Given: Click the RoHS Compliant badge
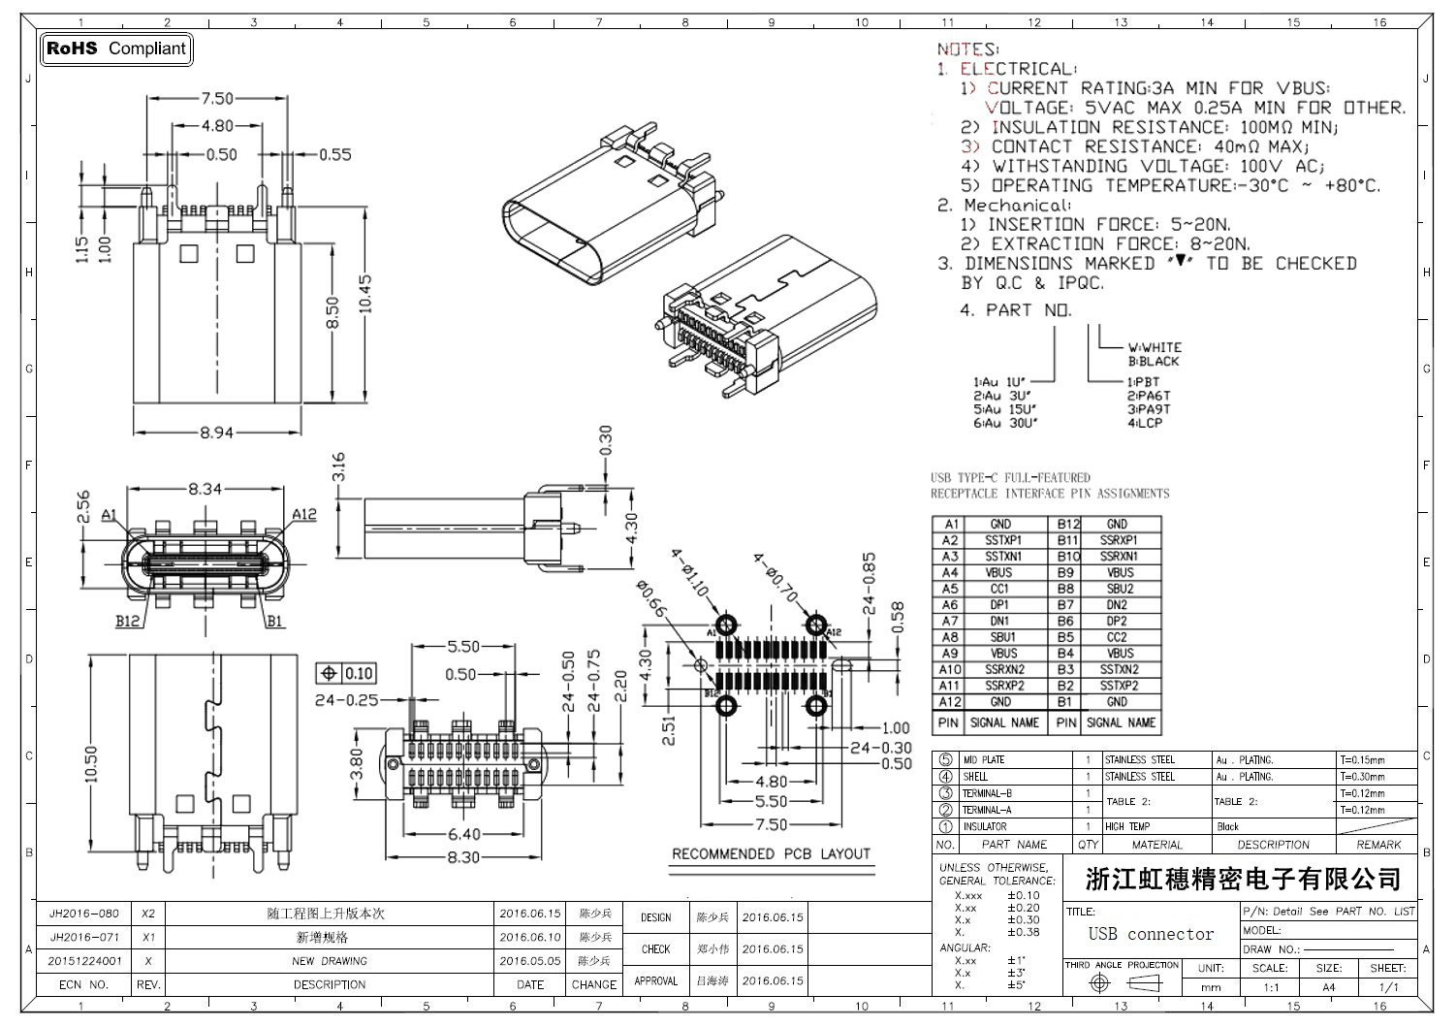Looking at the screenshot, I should (x=115, y=48).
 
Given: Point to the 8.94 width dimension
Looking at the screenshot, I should (x=216, y=433).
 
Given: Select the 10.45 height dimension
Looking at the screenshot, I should (x=365, y=293).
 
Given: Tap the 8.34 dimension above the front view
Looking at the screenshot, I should (x=205, y=490).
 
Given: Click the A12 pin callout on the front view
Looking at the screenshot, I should (x=304, y=514).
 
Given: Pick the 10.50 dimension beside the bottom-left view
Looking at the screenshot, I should (x=91, y=764).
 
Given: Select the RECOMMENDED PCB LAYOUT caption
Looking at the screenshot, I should (x=771, y=853).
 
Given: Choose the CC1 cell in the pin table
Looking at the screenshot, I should (x=999, y=589).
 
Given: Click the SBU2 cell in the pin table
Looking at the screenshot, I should (x=1120, y=589).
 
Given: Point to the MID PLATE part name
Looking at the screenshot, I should (x=983, y=760).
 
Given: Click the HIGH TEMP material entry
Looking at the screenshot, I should (x=1127, y=826).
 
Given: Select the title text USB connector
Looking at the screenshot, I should (x=1151, y=934).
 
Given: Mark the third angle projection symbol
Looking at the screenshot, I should (x=1123, y=983).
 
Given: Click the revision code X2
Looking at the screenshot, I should (x=148, y=914).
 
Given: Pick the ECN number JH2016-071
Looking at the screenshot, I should (x=84, y=938).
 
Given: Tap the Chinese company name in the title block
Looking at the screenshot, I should (x=1243, y=880).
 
